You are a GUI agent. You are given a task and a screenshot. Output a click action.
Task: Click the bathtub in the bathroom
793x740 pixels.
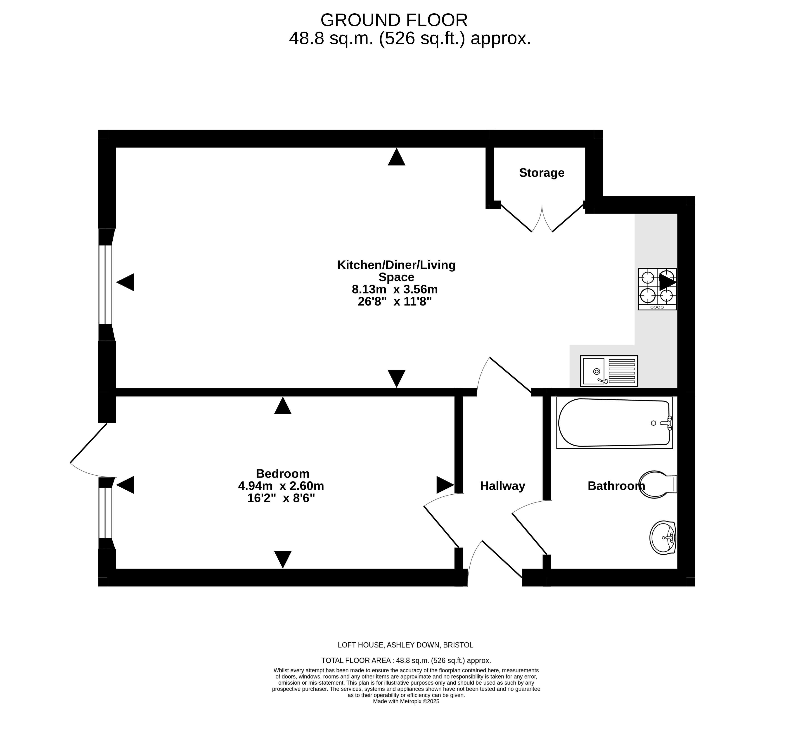click(x=614, y=422)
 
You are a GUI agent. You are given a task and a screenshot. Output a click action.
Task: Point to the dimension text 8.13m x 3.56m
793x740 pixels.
click(x=395, y=289)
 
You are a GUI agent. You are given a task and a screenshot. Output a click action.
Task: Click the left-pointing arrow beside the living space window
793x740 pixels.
click(x=125, y=282)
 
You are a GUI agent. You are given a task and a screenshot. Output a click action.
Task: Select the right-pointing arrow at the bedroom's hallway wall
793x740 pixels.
click(x=445, y=485)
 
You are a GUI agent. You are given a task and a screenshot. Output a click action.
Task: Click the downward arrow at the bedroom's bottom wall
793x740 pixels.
click(x=283, y=559)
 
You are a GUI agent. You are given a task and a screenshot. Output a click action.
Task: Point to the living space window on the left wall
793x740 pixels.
click(x=106, y=285)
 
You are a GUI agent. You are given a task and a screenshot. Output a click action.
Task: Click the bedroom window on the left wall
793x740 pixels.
click(x=106, y=513)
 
